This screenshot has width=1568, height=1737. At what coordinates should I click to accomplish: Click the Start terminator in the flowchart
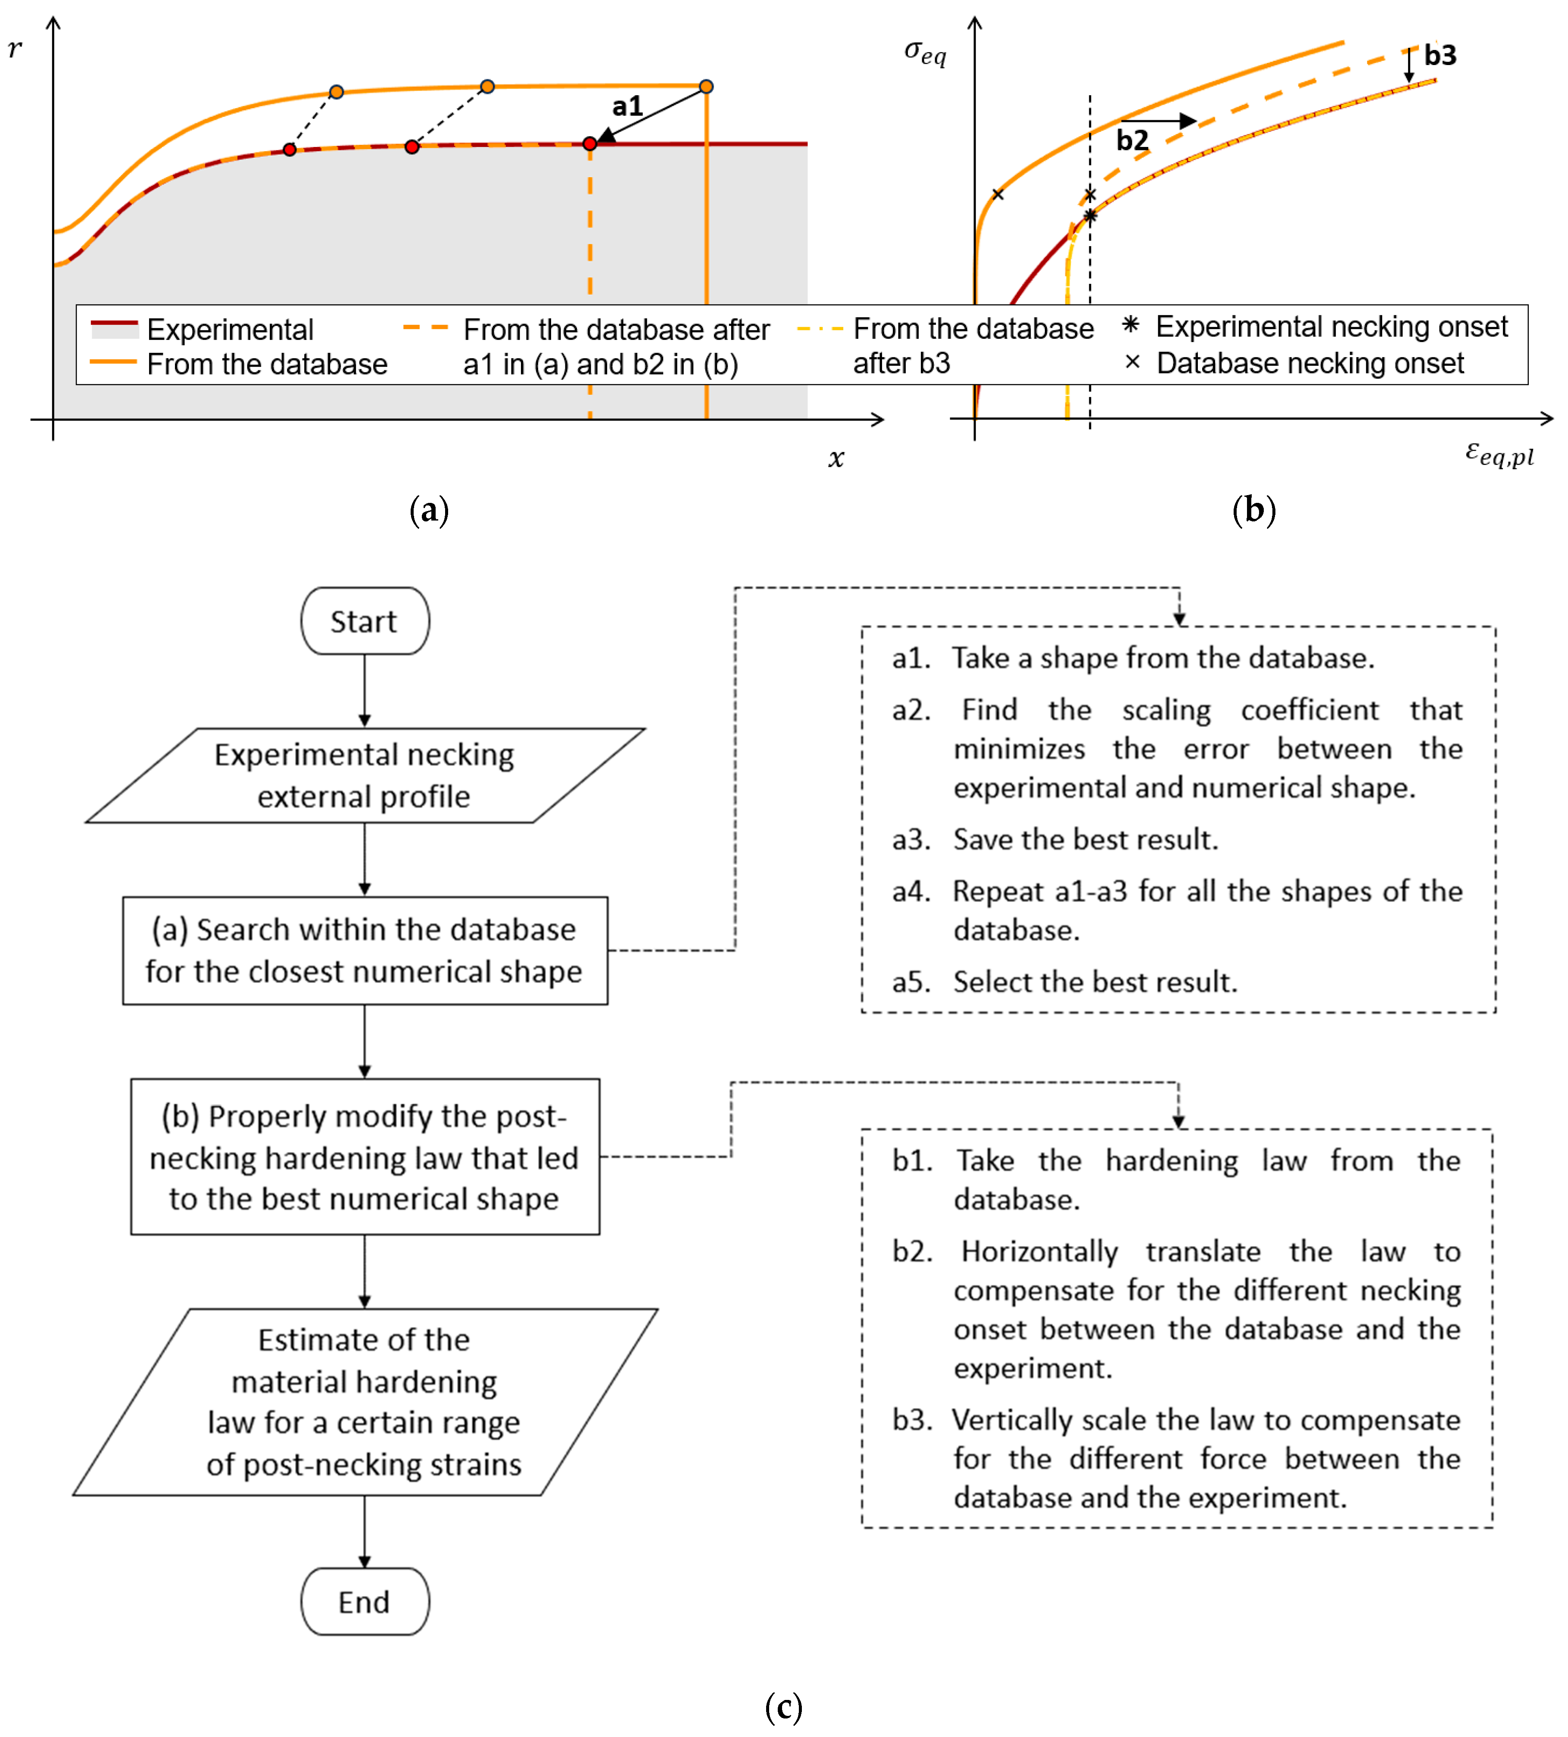365,621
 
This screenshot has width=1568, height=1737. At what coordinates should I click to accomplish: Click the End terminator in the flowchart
365,1602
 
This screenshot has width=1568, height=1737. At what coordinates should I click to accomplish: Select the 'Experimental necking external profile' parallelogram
365,776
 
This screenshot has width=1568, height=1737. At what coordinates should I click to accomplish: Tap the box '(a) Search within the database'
365,950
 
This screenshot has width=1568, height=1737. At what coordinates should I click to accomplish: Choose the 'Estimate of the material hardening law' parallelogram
365,1402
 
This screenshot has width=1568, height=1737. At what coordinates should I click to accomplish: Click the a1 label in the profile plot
627,107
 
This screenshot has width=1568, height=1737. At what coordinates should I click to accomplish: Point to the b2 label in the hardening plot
1132,140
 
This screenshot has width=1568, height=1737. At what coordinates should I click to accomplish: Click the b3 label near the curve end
1440,55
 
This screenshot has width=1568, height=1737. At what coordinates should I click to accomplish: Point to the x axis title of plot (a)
835,458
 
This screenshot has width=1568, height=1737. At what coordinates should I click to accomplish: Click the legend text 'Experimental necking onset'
1331,327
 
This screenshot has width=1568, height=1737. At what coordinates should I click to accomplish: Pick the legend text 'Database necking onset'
1309,364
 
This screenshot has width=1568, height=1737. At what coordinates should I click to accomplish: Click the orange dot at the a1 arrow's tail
707,86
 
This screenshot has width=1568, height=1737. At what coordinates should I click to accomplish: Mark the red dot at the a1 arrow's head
589,144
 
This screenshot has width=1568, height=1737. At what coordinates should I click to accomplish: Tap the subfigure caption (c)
783,1707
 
